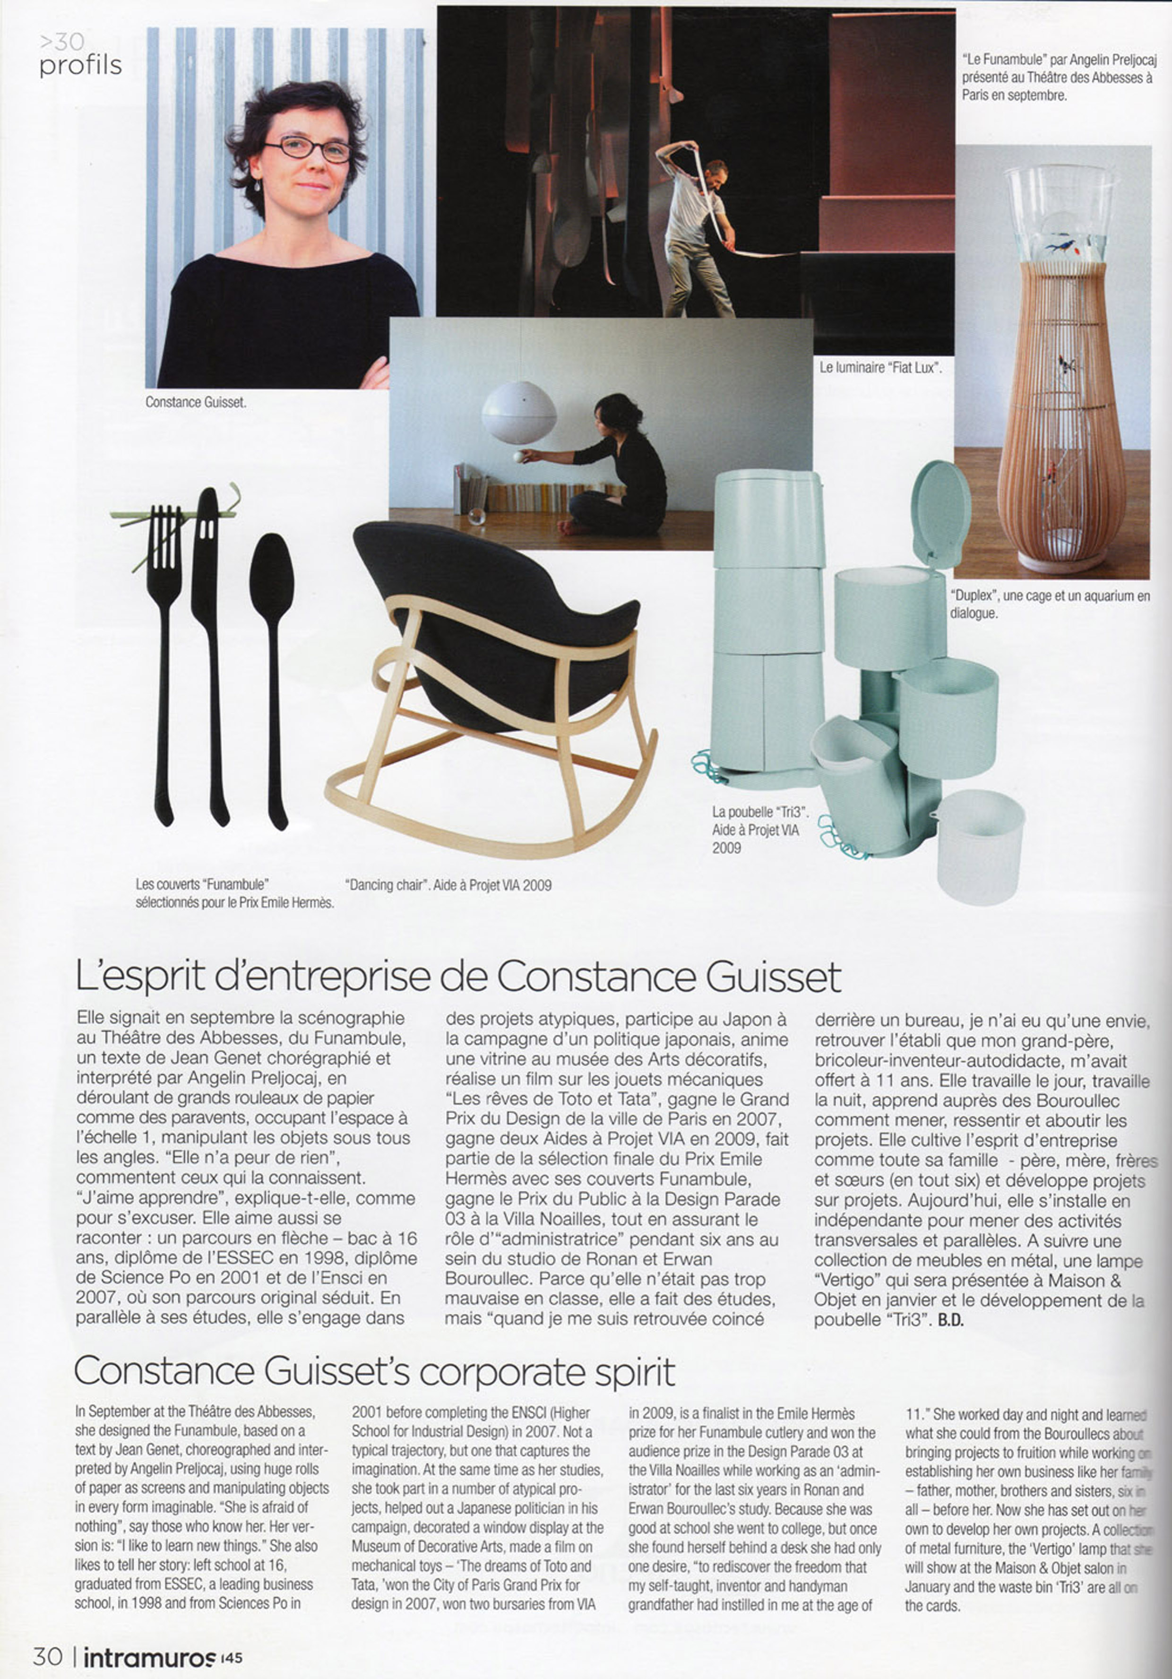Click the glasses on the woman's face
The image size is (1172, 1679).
(x=308, y=148)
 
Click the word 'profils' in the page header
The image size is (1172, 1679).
(x=80, y=66)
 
